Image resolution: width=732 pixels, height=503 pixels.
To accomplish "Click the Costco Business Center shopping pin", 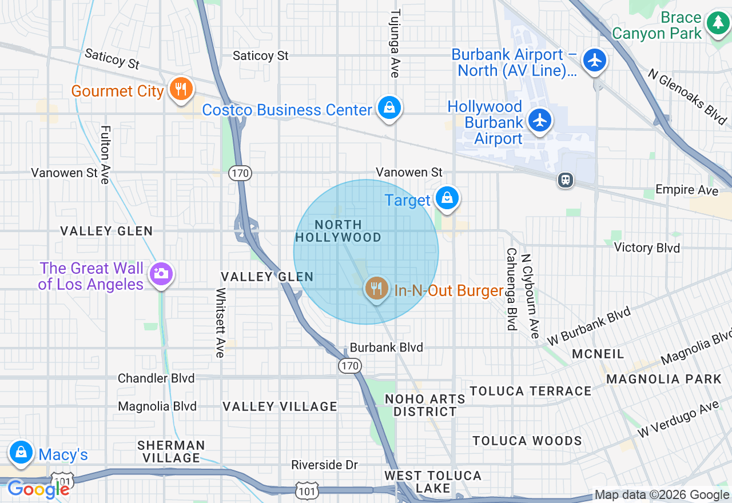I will click(x=389, y=108).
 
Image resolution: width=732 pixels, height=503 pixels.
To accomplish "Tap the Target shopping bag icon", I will click(x=447, y=198).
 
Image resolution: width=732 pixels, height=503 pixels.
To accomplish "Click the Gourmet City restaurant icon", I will click(x=181, y=90).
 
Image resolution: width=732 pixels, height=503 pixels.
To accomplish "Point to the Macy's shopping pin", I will click(x=21, y=452).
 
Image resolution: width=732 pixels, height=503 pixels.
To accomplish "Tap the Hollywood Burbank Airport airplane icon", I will click(x=539, y=121).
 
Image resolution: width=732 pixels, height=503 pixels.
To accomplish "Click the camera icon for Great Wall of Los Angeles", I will click(x=161, y=274).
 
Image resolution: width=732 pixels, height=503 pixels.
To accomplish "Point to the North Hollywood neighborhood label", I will click(x=338, y=231).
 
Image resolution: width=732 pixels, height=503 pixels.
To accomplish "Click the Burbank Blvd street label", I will click(x=386, y=348).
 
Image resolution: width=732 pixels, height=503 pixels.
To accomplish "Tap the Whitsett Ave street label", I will click(x=220, y=322).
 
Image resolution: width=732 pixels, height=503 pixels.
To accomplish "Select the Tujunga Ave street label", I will click(x=395, y=43).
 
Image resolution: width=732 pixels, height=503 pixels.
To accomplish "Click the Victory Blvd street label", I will click(x=646, y=247).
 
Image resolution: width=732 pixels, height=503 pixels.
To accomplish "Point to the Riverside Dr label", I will click(x=324, y=465).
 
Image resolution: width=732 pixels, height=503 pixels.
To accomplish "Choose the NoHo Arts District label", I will click(x=425, y=405).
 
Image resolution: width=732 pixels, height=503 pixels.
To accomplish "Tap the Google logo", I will click(x=38, y=489).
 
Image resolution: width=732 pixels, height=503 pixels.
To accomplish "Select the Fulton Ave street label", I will click(x=105, y=155).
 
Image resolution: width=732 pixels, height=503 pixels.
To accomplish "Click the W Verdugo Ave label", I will click(x=678, y=420).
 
